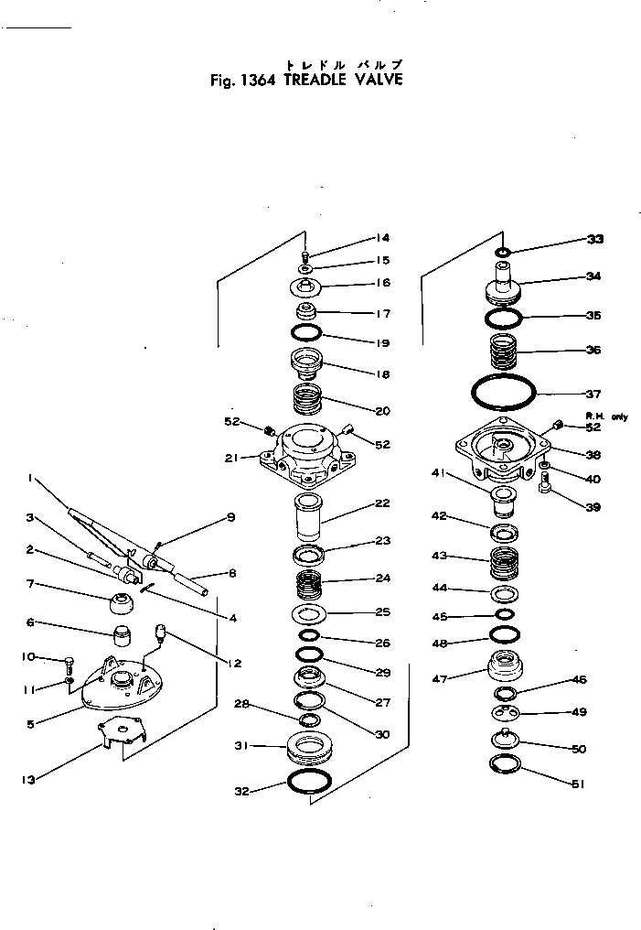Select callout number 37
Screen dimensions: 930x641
pos(593,395)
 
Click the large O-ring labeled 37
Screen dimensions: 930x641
pos(503,393)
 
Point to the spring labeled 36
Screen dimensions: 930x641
pos(502,351)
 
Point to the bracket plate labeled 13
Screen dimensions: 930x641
pos(121,733)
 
